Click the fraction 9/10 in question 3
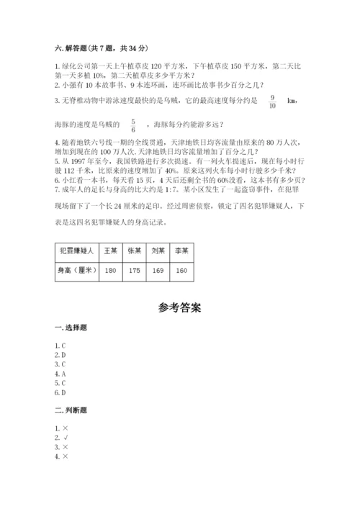pos(271,101)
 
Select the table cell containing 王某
pos(111,251)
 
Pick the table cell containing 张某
pos(134,251)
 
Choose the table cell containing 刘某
pos(158,251)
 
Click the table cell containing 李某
pos(181,251)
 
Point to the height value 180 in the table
pos(111,271)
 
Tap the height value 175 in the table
pos(134,271)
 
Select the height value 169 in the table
pos(158,271)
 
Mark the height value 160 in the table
pos(181,271)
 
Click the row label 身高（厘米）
pos(76,271)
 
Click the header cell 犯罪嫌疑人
pos(76,251)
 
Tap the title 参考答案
pos(180,307)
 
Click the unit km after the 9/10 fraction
pos(291,102)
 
